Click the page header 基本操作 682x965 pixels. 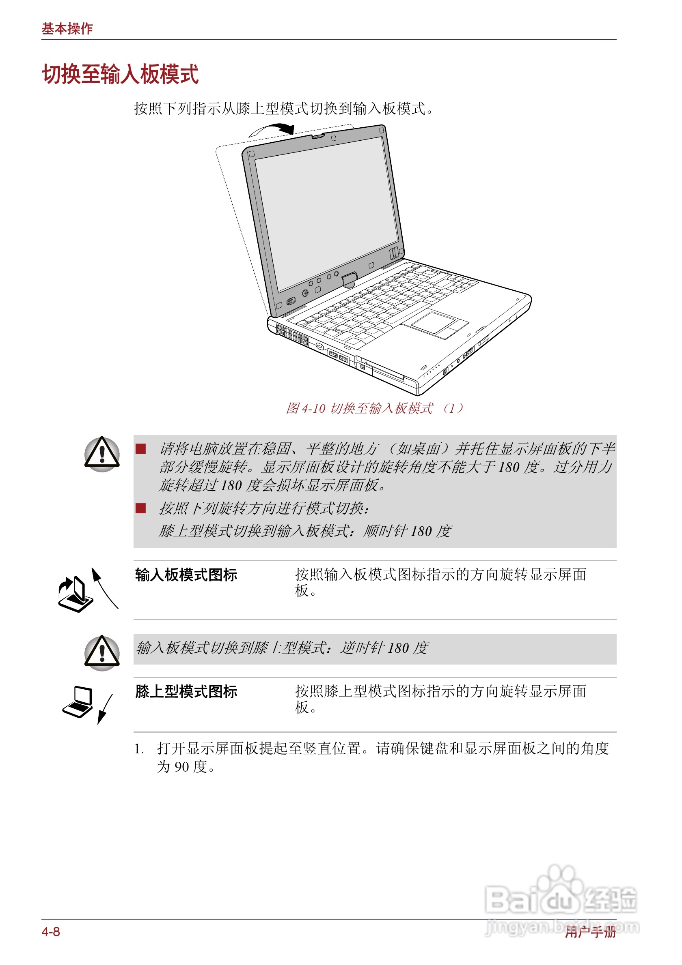point(67,28)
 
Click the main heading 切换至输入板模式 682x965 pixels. point(120,74)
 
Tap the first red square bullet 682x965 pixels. point(140,449)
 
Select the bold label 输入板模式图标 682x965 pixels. point(186,575)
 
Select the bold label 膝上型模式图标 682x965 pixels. point(186,691)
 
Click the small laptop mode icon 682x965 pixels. point(78,701)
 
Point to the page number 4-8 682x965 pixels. point(51,932)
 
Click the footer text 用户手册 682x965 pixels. point(590,932)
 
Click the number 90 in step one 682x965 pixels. point(182,767)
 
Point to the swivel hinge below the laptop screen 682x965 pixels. point(349,280)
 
